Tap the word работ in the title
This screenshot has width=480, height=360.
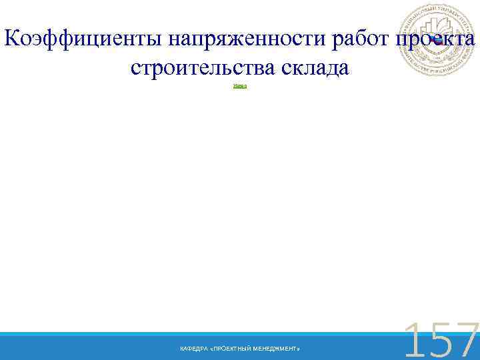coord(359,41)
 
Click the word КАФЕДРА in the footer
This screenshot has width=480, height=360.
coord(192,349)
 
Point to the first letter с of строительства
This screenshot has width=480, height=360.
coord(136,69)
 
